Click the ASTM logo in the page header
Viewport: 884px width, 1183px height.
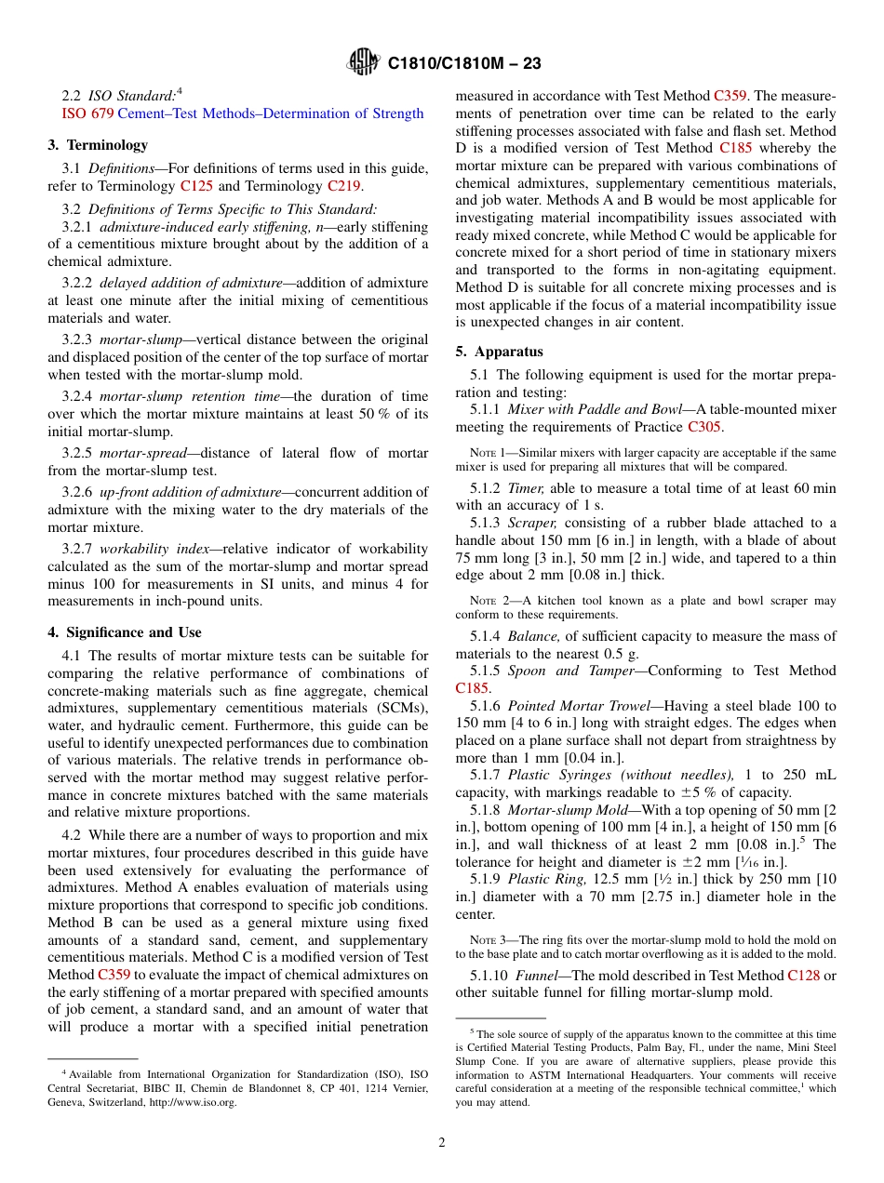coord(362,63)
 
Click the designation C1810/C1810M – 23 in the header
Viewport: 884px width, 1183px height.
coord(464,64)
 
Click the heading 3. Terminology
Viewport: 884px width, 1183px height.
coord(98,145)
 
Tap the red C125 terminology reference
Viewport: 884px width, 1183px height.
coord(196,185)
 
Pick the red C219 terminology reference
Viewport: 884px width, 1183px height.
coord(344,185)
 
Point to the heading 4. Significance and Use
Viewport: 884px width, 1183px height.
coord(125,632)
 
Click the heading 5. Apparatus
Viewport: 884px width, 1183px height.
coord(499,352)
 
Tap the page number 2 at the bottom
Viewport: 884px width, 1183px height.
coord(442,1143)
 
